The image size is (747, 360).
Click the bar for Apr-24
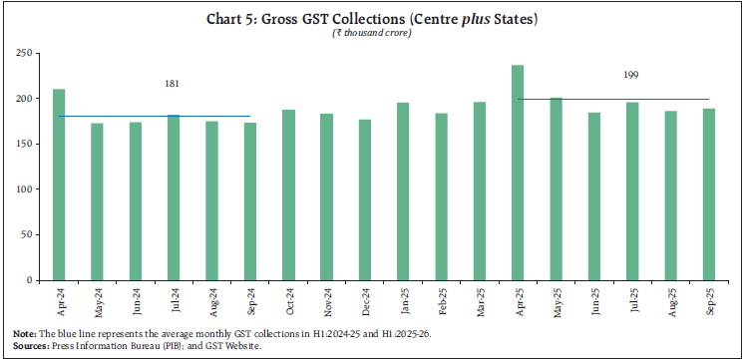click(x=59, y=183)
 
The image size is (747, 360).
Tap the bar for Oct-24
click(x=288, y=193)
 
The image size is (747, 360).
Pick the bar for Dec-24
click(x=364, y=198)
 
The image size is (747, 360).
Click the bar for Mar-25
click(x=479, y=189)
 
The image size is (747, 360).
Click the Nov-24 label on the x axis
click(x=326, y=298)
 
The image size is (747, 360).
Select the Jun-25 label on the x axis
click(x=593, y=298)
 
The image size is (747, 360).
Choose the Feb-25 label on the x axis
click(x=441, y=298)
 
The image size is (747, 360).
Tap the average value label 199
click(x=631, y=75)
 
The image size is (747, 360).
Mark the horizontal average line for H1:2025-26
click(x=618, y=99)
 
